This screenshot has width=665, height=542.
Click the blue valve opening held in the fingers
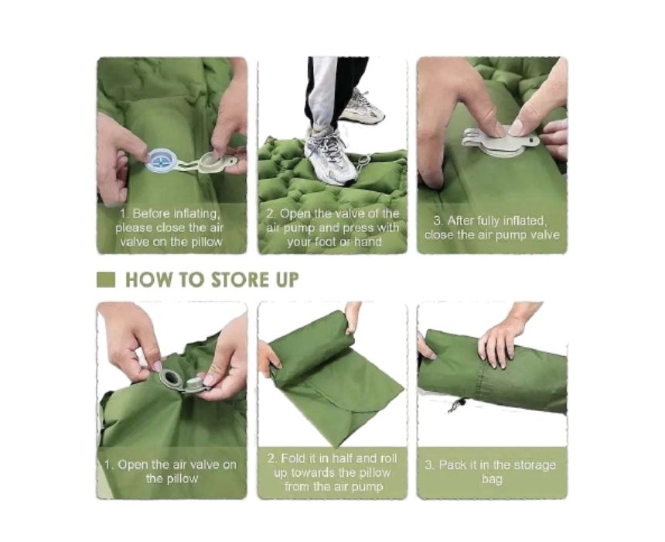pos(161,161)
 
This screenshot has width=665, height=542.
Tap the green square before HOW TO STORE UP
pos(106,280)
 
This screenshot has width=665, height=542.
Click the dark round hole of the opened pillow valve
pos(172,378)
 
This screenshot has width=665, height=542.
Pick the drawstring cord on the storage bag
pos(457,405)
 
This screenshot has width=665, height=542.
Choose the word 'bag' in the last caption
pos(492,479)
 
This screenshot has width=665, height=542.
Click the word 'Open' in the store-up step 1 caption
pos(133,465)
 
